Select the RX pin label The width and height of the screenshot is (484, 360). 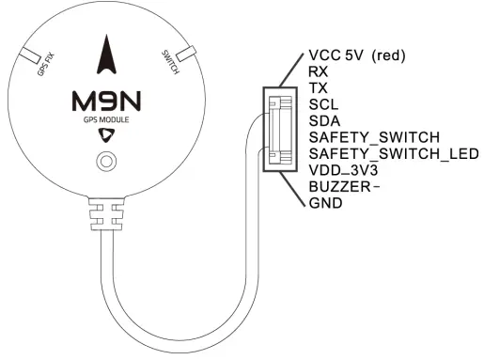[317, 71]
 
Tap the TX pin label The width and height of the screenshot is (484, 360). [317, 88]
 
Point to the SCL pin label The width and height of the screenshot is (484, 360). [321, 104]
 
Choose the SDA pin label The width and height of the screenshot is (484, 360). [322, 121]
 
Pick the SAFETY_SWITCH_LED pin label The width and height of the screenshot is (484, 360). [393, 154]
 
